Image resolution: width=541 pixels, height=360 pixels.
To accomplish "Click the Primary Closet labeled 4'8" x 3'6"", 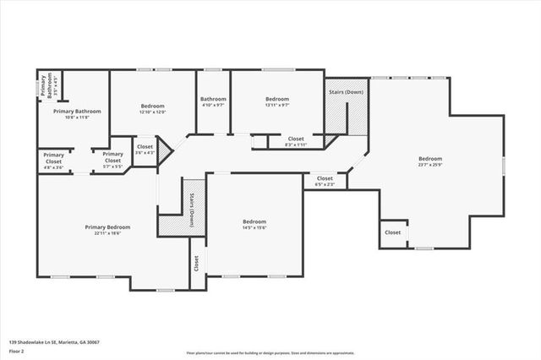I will click(x=54, y=158).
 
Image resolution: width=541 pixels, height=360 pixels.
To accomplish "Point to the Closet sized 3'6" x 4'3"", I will click(x=145, y=150).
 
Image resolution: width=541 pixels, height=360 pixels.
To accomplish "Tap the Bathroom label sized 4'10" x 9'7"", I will click(x=213, y=101).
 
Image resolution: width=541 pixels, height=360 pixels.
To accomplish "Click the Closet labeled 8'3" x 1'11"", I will click(x=296, y=141).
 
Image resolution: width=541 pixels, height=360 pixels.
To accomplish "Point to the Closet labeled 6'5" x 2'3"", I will click(x=325, y=181).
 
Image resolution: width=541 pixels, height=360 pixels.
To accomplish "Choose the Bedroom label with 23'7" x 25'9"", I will click(x=429, y=161).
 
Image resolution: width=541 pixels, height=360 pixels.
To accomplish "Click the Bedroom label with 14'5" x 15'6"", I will click(x=254, y=224).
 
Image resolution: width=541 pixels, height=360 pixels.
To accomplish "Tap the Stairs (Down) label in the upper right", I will click(x=346, y=91).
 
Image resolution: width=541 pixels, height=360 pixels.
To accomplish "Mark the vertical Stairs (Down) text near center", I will click(x=192, y=210).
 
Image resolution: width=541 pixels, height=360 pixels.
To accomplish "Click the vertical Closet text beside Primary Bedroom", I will click(x=195, y=264).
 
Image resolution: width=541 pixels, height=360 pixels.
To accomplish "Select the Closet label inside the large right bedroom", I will click(x=393, y=232).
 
